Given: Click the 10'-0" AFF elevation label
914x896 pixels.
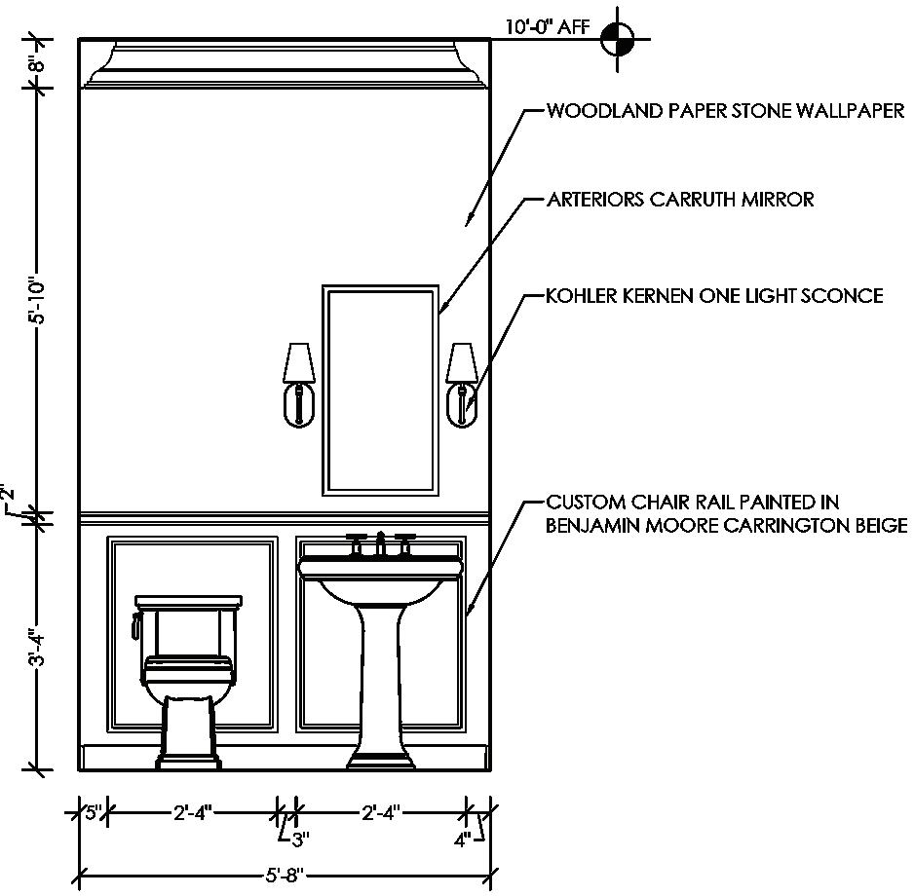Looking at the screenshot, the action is point(547,27).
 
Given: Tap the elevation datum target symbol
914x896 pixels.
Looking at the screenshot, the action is point(617,40).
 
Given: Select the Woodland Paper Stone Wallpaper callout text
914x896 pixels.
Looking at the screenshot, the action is point(725,111).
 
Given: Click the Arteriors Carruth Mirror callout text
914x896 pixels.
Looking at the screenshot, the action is point(679,201).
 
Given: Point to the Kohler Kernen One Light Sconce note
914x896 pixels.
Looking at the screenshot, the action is point(714,295).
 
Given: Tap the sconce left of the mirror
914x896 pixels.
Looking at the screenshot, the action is point(297,384).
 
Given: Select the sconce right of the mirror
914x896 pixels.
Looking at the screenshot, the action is point(460,384).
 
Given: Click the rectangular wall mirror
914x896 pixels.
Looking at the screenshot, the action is point(381,388).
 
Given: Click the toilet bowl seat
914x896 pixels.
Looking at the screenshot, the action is point(187,672).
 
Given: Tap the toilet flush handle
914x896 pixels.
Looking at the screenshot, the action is point(136,623).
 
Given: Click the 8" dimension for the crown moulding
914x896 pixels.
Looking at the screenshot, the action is point(38,64).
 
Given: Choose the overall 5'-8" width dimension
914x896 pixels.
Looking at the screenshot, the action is point(284,875).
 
